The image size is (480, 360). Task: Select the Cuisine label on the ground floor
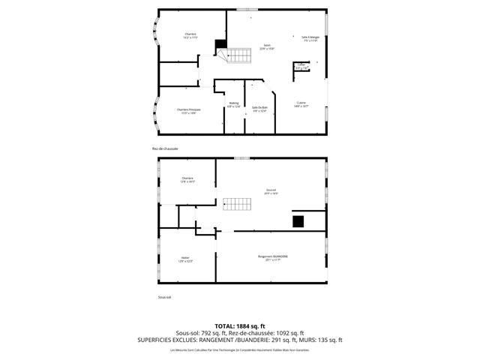pyautogui.click(x=301, y=104)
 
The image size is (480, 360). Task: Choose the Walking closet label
pyautogui.click(x=234, y=105)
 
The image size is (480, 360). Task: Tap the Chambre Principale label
pyautogui.click(x=188, y=111)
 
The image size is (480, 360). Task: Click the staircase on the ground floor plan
pyautogui.click(x=239, y=55)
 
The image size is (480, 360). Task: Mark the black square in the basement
pyautogui.click(x=298, y=220)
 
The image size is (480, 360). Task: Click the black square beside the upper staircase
pyautogui.click(x=220, y=44)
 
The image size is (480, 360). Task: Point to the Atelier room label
pyautogui.click(x=185, y=259)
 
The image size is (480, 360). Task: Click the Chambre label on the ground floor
pyautogui.click(x=190, y=35)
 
